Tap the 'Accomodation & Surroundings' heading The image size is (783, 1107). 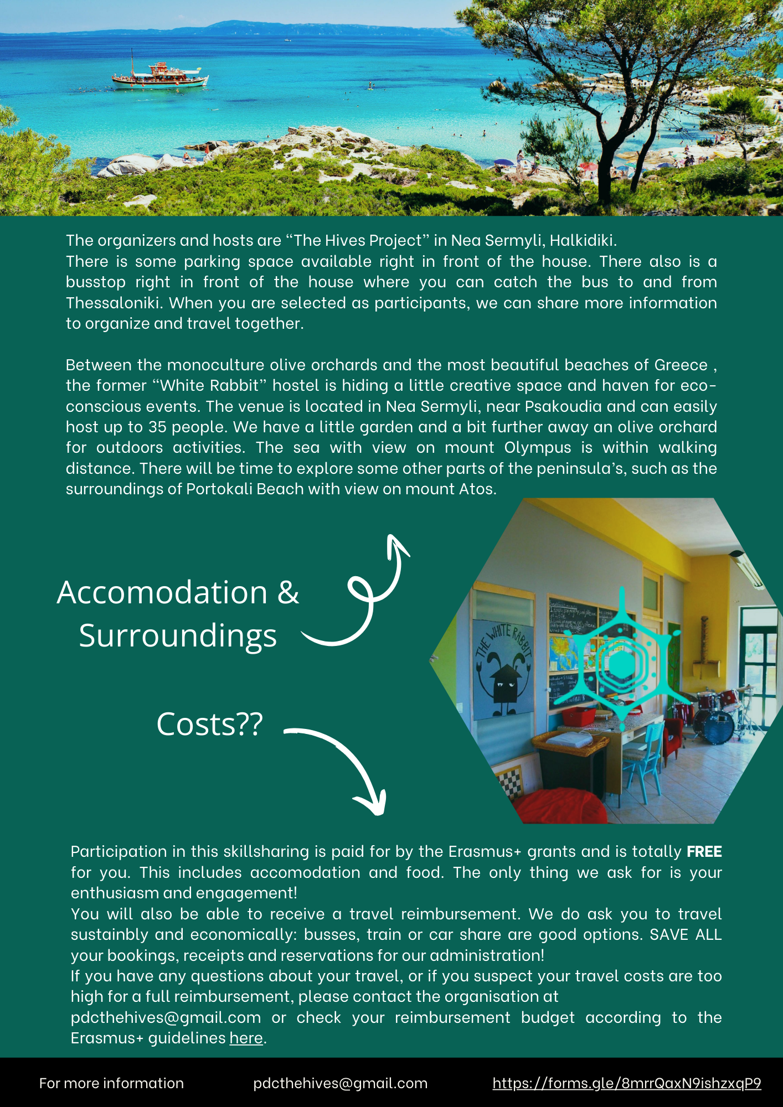178,613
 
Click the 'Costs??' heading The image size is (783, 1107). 209,724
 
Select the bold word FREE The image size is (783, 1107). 704,851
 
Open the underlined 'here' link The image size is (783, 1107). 246,1038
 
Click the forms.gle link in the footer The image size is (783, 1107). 626,1083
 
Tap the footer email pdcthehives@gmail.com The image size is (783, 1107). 340,1083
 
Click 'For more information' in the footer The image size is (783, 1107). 111,1083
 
